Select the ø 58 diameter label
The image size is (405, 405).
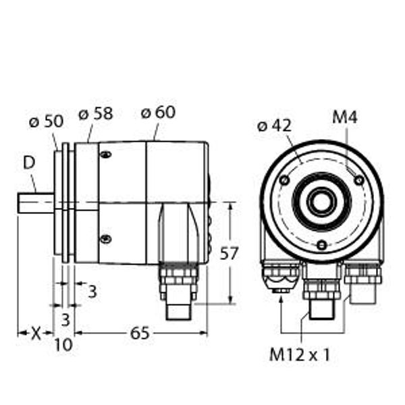click(x=95, y=114)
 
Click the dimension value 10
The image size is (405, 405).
click(x=63, y=344)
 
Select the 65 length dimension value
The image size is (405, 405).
click(x=140, y=333)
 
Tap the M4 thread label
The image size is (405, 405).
click(x=344, y=117)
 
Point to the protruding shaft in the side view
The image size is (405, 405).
click(x=36, y=203)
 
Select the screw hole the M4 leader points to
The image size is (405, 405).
click(x=359, y=180)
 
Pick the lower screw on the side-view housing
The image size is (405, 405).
click(x=105, y=238)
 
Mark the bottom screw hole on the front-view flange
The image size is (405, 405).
click(x=322, y=244)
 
